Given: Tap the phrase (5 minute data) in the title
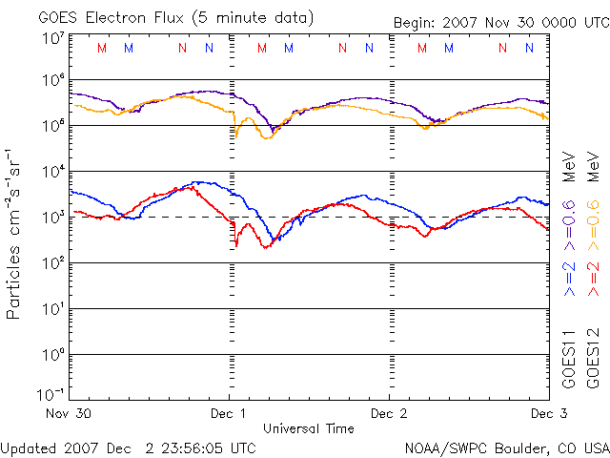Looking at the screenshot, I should point(256,17).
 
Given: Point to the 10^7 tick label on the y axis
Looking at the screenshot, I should point(52,39).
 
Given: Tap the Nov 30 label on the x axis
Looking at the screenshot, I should point(69,413).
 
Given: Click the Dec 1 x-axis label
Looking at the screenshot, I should point(229,413).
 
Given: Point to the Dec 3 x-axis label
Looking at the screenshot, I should point(542,413).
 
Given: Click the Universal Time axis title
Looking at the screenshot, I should point(308,428).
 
